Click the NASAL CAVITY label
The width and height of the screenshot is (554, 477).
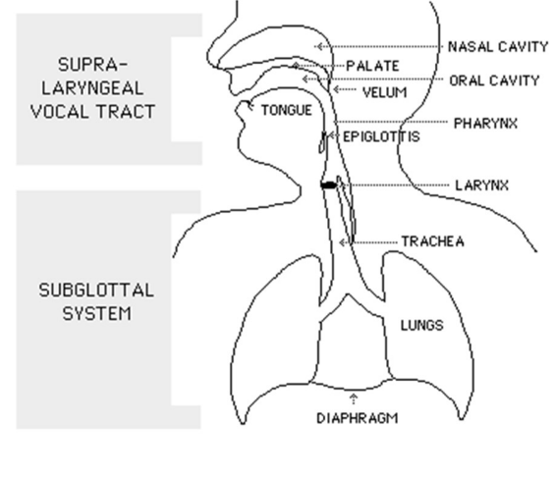498,46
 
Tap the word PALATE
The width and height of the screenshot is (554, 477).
372,66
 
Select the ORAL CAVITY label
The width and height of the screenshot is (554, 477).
494,80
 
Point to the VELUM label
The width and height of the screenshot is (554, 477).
385,92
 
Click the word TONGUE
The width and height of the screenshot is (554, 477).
287,111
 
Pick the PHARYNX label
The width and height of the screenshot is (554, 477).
485,124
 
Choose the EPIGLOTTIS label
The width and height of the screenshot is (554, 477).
381,136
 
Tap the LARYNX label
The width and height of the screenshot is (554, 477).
482,185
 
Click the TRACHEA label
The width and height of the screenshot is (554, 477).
433,241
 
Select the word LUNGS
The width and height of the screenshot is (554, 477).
421,325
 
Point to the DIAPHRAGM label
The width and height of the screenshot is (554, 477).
358,418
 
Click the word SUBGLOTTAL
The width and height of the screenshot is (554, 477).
96,291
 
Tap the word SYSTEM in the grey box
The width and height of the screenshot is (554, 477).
97,313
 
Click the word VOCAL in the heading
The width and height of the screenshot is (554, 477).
59,112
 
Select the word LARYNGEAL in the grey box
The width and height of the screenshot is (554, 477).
92,88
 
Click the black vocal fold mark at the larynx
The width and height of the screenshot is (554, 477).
329,185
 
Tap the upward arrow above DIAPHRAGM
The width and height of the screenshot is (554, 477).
354,397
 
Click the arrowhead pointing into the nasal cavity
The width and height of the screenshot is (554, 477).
319,46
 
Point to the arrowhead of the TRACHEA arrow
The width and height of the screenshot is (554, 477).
342,242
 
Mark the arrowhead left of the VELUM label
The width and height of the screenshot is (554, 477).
336,89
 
